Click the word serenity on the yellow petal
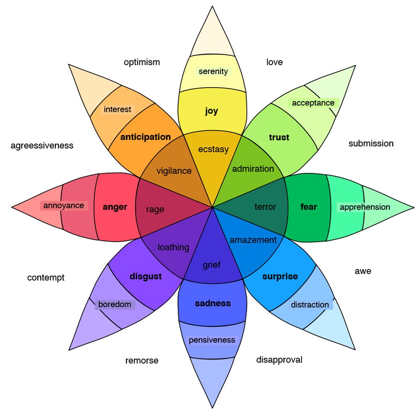click(x=213, y=71)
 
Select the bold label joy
click(x=212, y=111)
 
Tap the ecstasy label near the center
click(x=213, y=149)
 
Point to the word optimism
click(x=142, y=62)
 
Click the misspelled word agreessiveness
click(x=42, y=146)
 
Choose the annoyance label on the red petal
click(x=64, y=205)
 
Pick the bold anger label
click(x=115, y=207)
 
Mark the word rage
click(x=155, y=210)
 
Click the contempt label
click(x=46, y=278)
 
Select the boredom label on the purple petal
click(x=115, y=304)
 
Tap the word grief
click(x=212, y=265)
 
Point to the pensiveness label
click(x=212, y=340)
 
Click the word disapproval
click(x=279, y=360)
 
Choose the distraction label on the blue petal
click(x=310, y=305)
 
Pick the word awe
click(x=363, y=271)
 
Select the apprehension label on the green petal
click(x=365, y=207)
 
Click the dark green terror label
click(x=265, y=207)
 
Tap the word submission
click(x=371, y=144)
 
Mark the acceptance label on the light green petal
click(x=313, y=103)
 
